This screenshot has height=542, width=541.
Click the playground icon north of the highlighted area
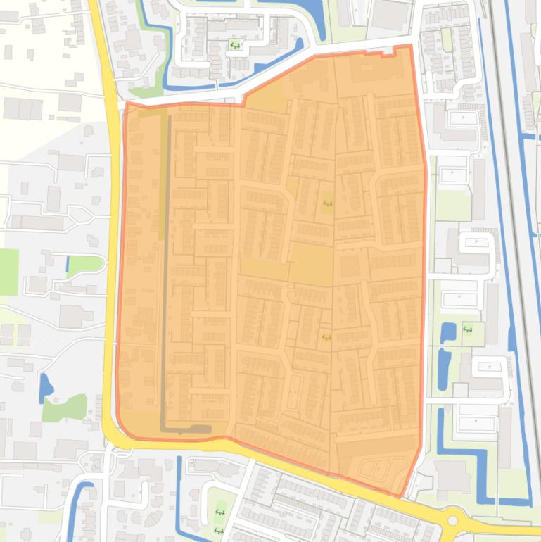pos(235,46)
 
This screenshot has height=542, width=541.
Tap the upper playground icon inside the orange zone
pos(326,204)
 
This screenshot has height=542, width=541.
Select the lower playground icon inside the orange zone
pos(325,337)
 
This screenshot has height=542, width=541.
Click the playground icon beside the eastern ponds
pos(468,329)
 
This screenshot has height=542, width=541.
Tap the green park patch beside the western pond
pos(65,408)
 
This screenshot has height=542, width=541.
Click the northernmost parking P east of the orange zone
pos(462,118)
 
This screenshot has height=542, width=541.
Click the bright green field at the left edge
pos(8,272)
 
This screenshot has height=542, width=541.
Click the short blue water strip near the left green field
pos(68,264)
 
